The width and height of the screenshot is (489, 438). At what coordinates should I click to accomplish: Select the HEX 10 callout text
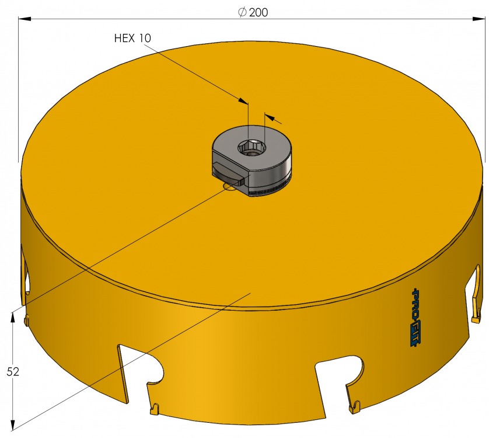click(x=132, y=38)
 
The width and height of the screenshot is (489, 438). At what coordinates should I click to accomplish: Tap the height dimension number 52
click(x=13, y=371)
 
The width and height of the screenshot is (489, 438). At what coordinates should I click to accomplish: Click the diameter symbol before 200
click(x=243, y=12)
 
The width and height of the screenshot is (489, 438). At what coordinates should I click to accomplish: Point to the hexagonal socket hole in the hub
click(x=252, y=147)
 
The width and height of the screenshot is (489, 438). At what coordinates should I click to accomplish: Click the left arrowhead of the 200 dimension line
click(x=25, y=19)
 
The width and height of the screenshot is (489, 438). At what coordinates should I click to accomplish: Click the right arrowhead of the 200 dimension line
click(x=478, y=19)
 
